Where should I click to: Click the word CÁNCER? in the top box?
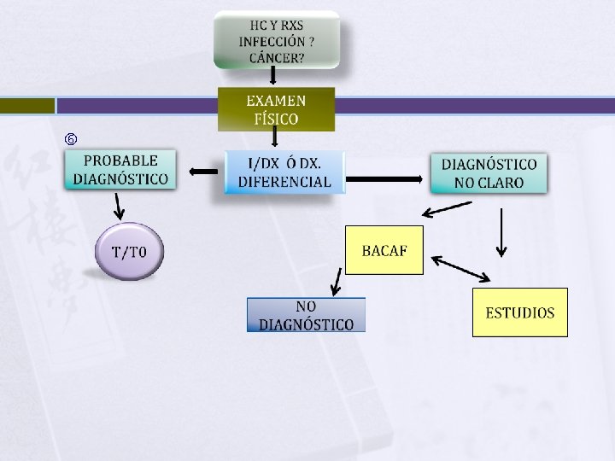[276, 58]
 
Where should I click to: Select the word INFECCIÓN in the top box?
[272, 41]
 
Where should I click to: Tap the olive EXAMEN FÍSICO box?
[276, 108]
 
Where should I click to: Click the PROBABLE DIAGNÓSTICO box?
[120, 170]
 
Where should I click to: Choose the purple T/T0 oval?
[128, 252]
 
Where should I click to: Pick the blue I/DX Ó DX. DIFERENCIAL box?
[284, 172]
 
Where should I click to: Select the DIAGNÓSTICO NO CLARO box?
[489, 173]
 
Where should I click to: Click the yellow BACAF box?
[384, 250]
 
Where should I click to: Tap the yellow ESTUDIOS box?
[519, 312]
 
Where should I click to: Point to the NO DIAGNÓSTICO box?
[306, 315]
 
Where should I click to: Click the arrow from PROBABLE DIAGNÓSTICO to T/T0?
[120, 206]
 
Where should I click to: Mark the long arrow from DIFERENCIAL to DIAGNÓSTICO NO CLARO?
[386, 179]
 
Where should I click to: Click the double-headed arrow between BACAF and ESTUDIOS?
[461, 268]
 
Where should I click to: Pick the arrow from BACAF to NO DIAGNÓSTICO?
[336, 281]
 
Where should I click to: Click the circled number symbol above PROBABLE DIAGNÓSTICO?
[71, 138]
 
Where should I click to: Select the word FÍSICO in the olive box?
[276, 119]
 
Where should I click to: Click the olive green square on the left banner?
[26, 106]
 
